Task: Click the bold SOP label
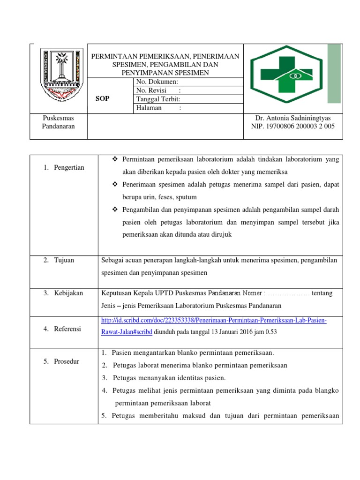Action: pos(102,99)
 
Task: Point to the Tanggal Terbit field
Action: pos(158,99)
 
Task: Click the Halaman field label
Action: pos(149,108)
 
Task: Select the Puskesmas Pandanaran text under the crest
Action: pos(59,122)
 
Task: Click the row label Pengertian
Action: pos(68,167)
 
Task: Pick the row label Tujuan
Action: pos(63,260)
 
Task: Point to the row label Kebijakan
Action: pos(67,293)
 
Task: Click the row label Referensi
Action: pos(67,329)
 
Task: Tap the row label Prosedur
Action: pos(66,361)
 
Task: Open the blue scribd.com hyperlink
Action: pos(214,320)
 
